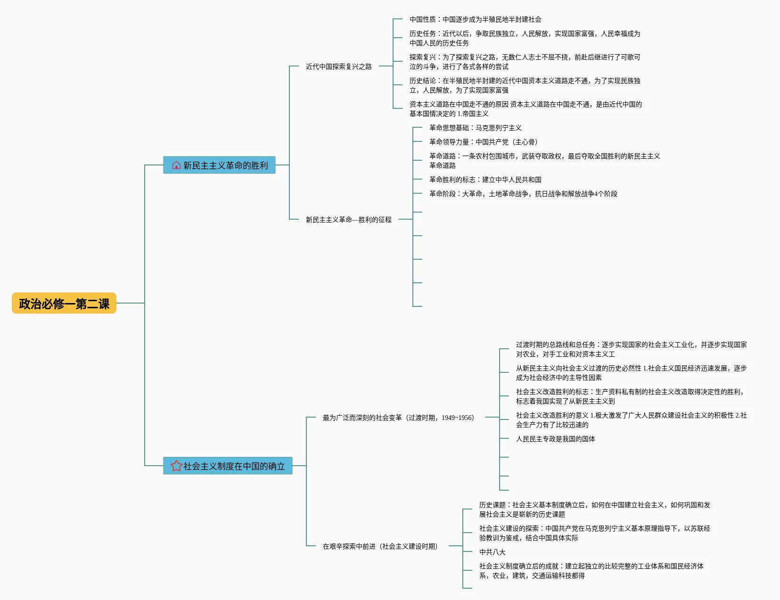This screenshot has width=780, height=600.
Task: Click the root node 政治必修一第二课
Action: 64,303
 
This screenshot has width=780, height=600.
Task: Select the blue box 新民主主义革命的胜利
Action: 219,165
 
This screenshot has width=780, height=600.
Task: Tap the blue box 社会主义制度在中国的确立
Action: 228,466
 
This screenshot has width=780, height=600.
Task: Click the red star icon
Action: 176,466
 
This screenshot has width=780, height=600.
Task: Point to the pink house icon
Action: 176,165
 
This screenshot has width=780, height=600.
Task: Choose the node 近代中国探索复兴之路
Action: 338,66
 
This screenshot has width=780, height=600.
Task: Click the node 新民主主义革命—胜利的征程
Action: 348,219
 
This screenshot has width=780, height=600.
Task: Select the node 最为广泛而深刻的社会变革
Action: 398,417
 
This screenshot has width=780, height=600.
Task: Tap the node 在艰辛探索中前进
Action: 380,546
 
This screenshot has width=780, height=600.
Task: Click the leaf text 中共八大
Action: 492,552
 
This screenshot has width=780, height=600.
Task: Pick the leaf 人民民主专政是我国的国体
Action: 555,439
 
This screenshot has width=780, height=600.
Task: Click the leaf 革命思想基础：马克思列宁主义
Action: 475,128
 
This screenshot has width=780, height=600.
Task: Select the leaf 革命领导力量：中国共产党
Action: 484,142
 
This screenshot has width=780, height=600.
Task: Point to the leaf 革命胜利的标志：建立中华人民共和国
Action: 485,180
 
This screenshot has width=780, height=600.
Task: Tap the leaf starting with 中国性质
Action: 475,19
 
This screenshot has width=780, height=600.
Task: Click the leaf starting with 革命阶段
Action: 523,194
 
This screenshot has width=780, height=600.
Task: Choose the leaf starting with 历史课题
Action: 594,510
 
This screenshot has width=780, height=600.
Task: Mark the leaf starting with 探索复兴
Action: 525,62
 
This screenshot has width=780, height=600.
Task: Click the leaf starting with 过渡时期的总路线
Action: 632,349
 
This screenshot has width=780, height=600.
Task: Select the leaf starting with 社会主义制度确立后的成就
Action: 591,571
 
